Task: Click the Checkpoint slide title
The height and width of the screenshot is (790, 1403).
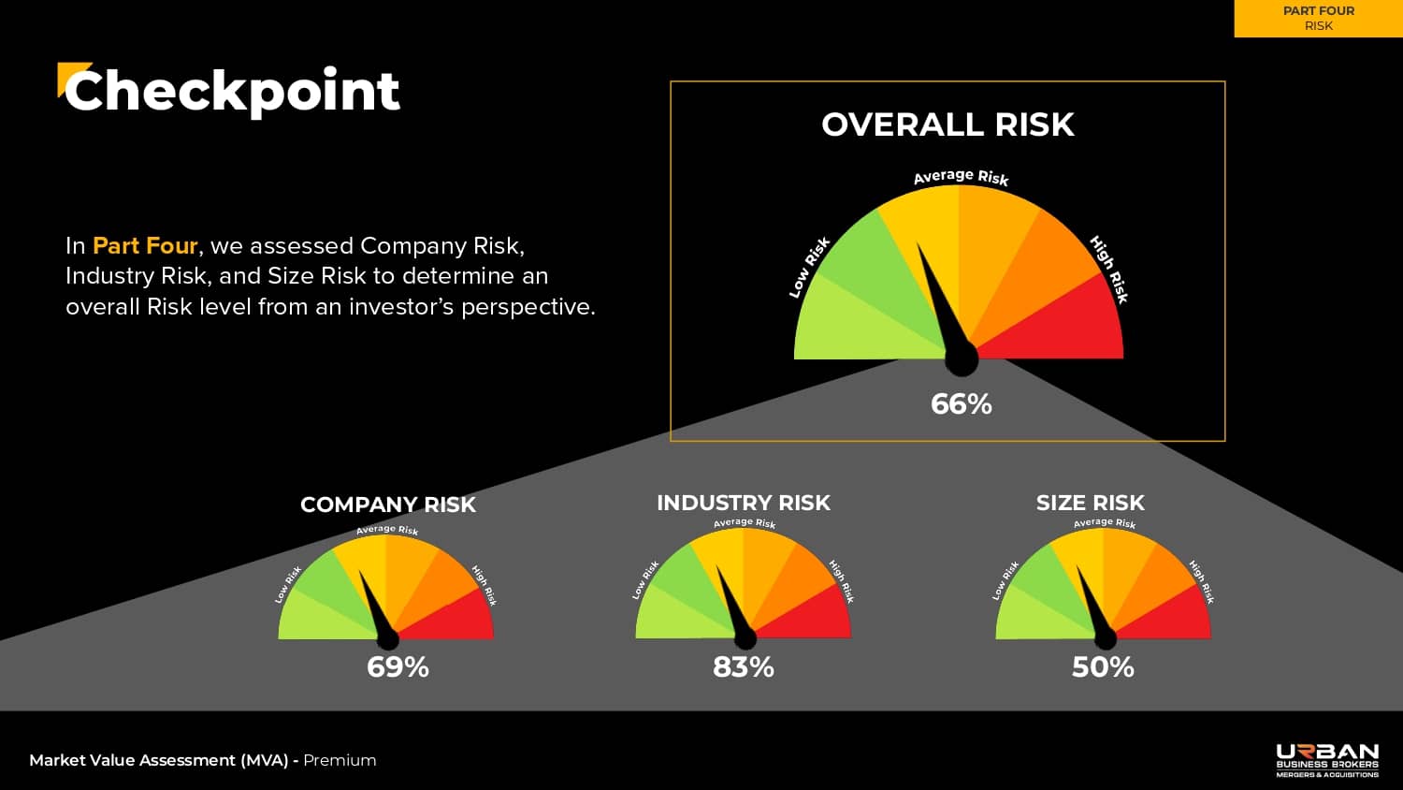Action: tap(231, 92)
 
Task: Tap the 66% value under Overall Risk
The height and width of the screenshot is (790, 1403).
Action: tap(961, 404)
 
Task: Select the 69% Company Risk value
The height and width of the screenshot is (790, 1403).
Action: tap(398, 667)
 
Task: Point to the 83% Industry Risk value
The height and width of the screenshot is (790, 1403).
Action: tap(744, 667)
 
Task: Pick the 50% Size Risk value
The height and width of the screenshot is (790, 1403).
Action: tap(1103, 667)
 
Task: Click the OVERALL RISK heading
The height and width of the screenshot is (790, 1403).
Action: tap(947, 124)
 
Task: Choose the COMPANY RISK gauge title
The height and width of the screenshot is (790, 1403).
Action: tap(388, 505)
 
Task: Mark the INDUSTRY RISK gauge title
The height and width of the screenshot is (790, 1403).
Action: tap(744, 504)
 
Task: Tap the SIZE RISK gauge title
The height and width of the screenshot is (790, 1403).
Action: tap(1090, 504)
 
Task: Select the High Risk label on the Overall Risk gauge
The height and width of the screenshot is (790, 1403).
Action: tap(1109, 270)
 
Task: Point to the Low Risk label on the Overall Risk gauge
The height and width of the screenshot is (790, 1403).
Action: tap(809, 268)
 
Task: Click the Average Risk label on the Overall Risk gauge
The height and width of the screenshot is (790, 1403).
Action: tap(961, 177)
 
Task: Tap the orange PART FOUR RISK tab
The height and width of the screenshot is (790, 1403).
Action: tap(1318, 19)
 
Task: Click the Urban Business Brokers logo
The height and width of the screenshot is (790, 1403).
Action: tap(1327, 760)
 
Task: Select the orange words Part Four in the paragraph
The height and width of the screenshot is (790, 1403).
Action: tap(145, 246)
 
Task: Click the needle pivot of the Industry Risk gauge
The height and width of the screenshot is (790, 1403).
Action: tap(745, 639)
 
